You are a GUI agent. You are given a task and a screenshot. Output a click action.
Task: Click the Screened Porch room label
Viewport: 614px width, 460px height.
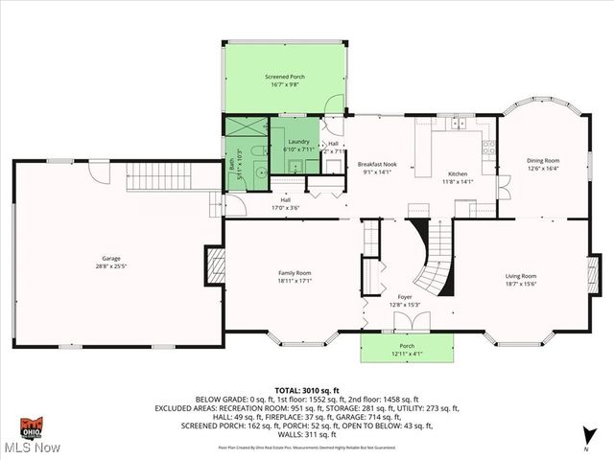(285, 76)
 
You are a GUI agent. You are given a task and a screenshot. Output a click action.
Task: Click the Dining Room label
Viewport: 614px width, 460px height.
(542, 160)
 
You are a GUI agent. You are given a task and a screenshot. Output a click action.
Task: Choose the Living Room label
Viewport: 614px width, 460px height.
(521, 277)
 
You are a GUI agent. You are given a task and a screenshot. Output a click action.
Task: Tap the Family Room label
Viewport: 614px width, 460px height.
(294, 273)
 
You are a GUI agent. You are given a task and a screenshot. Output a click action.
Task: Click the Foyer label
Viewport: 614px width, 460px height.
(405, 297)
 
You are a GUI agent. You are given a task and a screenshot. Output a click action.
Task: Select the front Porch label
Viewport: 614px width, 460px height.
(408, 349)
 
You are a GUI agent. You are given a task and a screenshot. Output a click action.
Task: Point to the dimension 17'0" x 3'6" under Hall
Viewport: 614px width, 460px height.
(286, 207)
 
